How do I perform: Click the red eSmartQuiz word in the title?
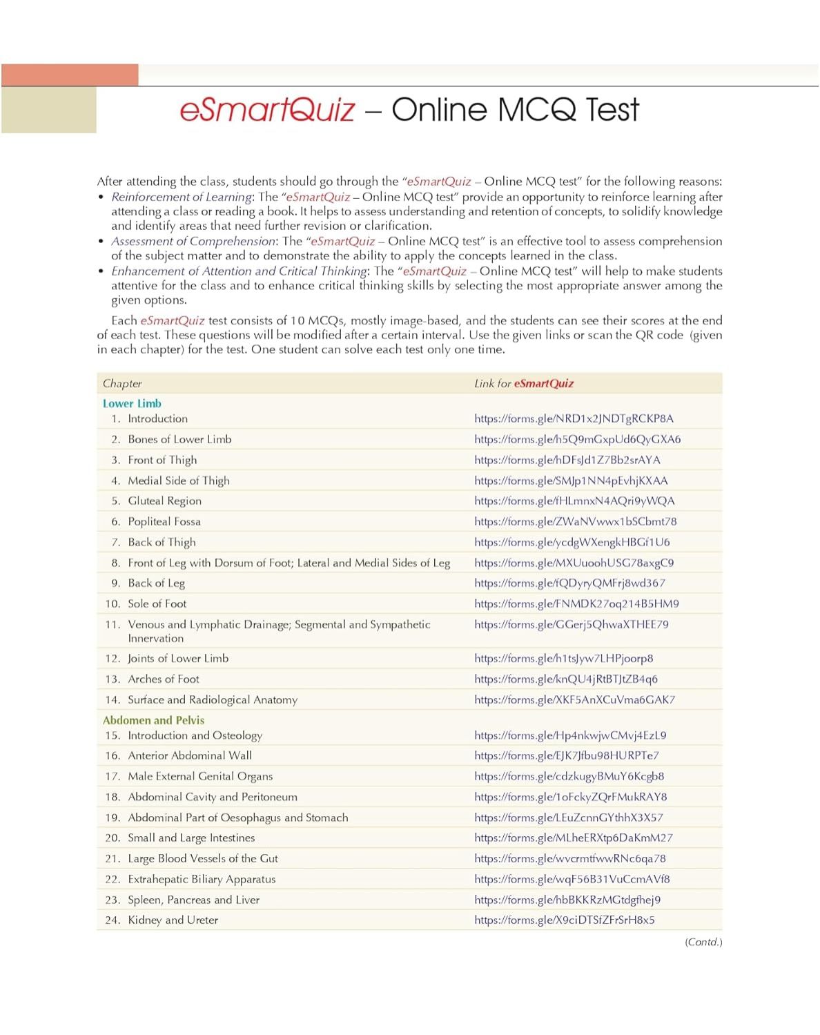tap(267, 110)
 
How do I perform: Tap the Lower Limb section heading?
tap(132, 403)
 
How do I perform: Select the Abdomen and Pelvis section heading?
tap(153, 719)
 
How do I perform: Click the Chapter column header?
tap(122, 383)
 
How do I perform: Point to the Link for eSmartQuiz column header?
tap(524, 383)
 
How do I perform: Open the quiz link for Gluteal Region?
tap(574, 501)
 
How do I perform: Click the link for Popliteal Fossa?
tap(575, 521)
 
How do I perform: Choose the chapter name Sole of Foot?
tap(157, 603)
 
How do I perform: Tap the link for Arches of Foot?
tap(566, 679)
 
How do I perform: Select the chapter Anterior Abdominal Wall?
tap(190, 755)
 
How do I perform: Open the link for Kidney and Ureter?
tap(565, 920)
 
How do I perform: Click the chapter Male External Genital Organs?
tap(200, 776)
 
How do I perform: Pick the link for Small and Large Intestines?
tap(574, 838)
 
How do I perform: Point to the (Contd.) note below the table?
tap(703, 942)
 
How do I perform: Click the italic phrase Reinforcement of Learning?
tap(182, 197)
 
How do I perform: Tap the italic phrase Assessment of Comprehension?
tap(193, 241)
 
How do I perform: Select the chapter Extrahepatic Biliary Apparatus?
tap(202, 879)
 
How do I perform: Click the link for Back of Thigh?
tap(572, 542)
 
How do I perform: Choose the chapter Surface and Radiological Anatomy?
tap(213, 699)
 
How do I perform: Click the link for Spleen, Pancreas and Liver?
tap(567, 900)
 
